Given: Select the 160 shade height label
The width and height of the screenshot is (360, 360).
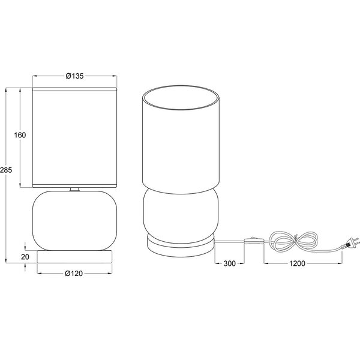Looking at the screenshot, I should tap(20, 135).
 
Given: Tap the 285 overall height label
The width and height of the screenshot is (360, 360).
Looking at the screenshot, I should tap(6, 170).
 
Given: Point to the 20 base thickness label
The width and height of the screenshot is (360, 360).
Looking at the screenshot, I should tap(25, 256).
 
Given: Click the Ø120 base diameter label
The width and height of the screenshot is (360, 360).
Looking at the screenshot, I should tap(74, 274).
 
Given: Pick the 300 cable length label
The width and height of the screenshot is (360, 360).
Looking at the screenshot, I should tap(229, 263).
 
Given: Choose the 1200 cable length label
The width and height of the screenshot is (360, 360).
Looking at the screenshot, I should tap(296, 263).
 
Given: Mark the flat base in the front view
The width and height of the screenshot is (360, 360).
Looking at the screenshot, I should tap(74, 256).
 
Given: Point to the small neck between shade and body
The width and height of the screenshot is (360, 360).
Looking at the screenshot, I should tap(74, 190).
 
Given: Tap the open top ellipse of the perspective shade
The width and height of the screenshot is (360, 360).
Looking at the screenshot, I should tap(181, 99).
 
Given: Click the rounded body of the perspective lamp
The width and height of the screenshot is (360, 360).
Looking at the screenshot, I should tap(181, 210).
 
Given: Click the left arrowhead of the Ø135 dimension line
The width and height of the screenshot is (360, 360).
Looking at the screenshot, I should tap(34, 76).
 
